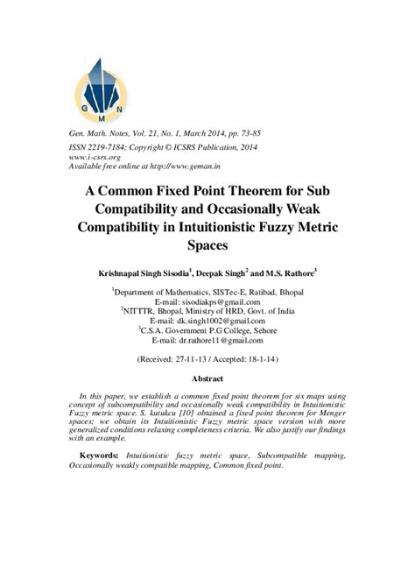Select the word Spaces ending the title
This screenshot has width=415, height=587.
tap(207, 246)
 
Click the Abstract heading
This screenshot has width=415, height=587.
tap(207, 378)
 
